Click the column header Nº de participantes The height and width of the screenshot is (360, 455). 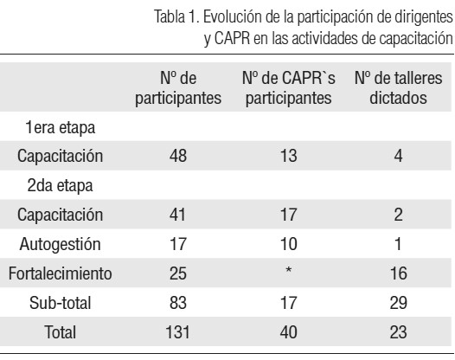coord(178,88)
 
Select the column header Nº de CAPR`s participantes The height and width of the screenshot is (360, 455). coord(289,88)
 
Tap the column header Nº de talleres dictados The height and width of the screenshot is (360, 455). coord(399,88)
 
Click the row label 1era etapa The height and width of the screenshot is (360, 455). coord(61,127)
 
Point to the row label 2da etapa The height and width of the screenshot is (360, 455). coord(60,185)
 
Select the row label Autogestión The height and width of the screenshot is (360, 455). coord(60,244)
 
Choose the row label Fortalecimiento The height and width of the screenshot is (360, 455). coord(60,273)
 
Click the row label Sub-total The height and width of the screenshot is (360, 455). coord(61,303)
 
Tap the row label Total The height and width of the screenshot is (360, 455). coord(61,332)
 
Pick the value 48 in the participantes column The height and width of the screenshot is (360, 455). coord(178,156)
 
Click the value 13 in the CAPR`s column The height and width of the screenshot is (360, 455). coord(289,156)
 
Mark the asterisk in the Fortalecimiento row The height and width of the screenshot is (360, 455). coord(289,270)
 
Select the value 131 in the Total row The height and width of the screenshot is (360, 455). coord(177,332)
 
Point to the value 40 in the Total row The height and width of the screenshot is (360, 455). coord(289,332)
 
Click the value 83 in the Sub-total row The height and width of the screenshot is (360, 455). coord(178,303)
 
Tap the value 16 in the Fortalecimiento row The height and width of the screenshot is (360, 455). coord(399,273)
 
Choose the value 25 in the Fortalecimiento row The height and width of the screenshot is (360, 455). coord(178,273)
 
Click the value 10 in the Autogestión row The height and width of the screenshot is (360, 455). coord(289,244)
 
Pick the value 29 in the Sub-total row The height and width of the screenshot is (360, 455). coord(399,303)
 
